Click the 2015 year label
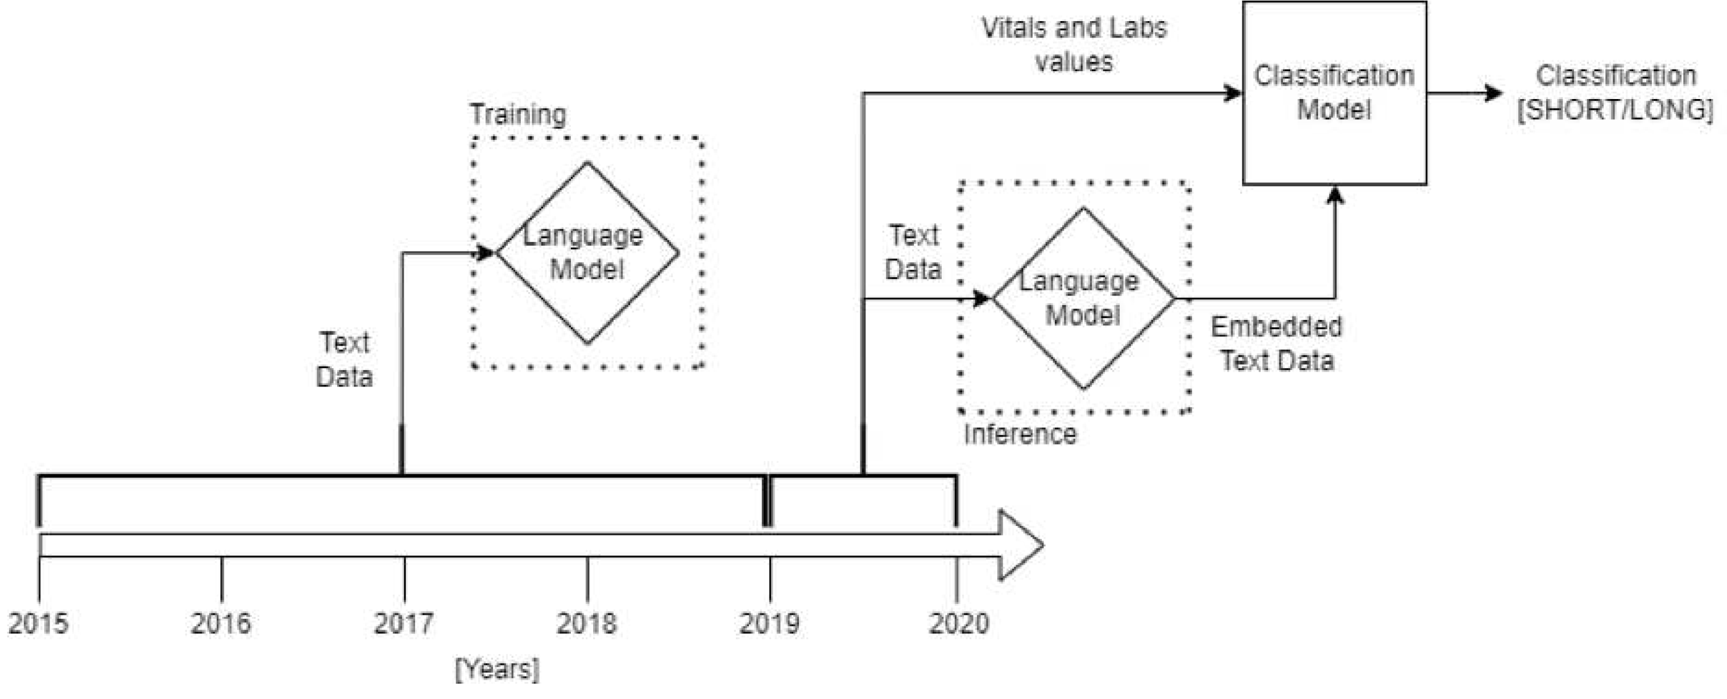(38, 623)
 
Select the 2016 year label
(221, 623)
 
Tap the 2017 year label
(404, 623)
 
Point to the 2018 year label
(587, 623)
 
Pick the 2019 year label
(769, 623)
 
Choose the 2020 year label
(959, 623)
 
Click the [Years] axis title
(497, 669)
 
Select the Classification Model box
(1334, 93)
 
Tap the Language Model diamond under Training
(587, 253)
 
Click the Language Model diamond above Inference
(1083, 298)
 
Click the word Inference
(1020, 434)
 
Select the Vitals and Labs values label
(1074, 44)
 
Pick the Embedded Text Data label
(1277, 343)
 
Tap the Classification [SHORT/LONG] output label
(1616, 93)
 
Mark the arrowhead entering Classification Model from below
(1335, 195)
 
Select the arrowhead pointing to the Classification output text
(1494, 93)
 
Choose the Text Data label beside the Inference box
(913, 252)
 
